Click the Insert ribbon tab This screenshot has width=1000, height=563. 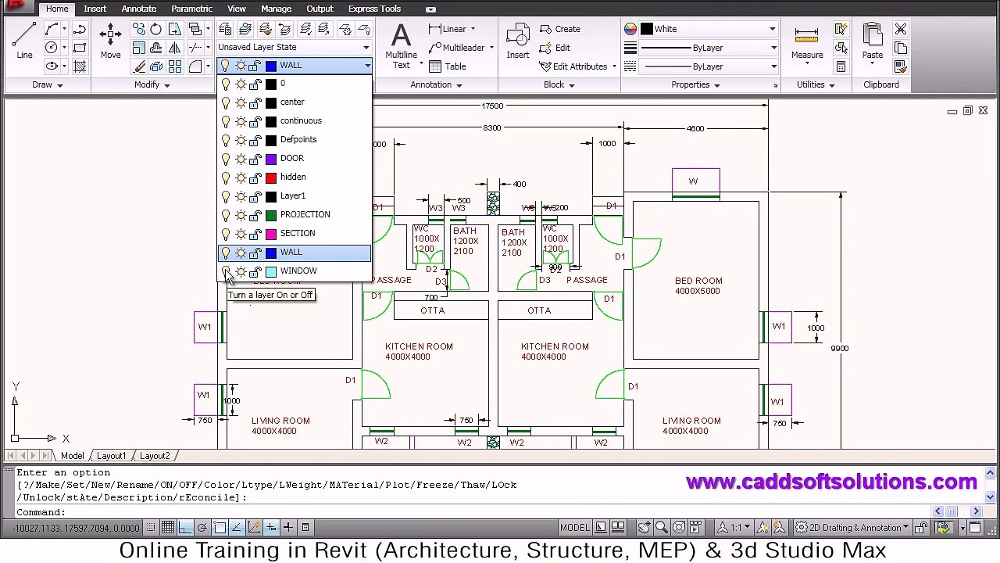[95, 9]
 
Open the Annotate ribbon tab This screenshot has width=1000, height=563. [138, 9]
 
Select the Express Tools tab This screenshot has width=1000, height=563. [374, 9]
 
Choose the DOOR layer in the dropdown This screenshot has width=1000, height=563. [291, 158]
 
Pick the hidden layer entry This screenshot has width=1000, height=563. [293, 177]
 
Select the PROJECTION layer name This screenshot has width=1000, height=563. [305, 214]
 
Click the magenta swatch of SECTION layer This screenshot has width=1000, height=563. [271, 233]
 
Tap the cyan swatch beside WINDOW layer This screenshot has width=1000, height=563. [271, 271]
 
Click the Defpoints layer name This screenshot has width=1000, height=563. [298, 139]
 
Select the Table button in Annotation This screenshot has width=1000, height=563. [455, 66]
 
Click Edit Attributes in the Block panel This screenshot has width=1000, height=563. [579, 66]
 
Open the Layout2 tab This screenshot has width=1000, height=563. [155, 456]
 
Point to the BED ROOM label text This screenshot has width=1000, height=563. [698, 281]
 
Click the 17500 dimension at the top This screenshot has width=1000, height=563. [492, 106]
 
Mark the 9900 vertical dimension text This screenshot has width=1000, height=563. [839, 348]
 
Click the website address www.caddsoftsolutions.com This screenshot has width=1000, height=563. [831, 482]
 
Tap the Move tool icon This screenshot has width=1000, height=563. [110, 38]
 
